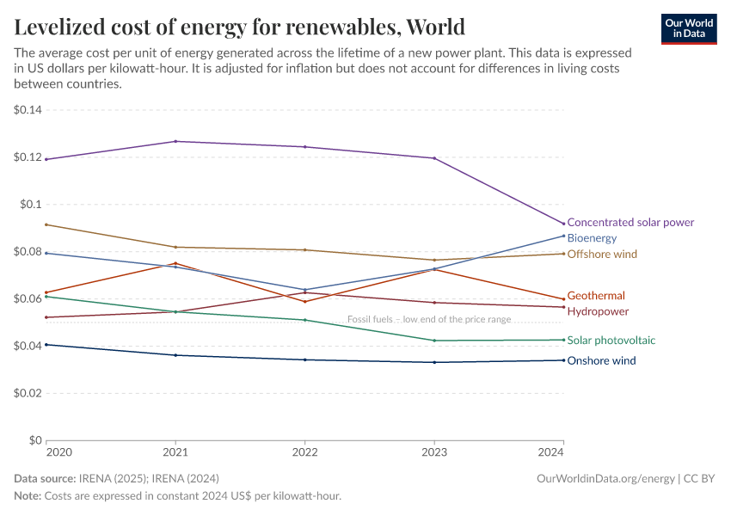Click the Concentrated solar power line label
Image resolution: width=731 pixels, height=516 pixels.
pyautogui.click(x=630, y=223)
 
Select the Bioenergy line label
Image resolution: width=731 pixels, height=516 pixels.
pyautogui.click(x=592, y=238)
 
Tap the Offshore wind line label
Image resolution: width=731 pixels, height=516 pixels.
pyautogui.click(x=602, y=255)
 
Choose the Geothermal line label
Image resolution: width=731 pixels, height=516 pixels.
pyautogui.click(x=596, y=296)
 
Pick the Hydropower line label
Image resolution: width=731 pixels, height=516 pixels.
pyautogui.click(x=598, y=311)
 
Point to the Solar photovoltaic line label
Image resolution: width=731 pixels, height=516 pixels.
pyautogui.click(x=611, y=341)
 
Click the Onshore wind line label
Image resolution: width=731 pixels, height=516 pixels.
pyautogui.click(x=601, y=361)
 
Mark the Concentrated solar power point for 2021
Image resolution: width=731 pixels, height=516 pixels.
pyautogui.click(x=175, y=141)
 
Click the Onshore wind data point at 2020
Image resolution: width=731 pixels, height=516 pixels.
pyautogui.click(x=46, y=345)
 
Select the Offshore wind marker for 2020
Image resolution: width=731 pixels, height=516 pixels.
pyautogui.click(x=46, y=224)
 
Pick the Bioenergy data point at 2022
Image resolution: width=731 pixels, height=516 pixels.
pyautogui.click(x=304, y=290)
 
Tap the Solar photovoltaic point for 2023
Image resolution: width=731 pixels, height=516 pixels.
pyautogui.click(x=434, y=341)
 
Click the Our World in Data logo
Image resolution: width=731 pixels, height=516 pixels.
pyautogui.click(x=688, y=28)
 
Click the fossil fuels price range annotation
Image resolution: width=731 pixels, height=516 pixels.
pyautogui.click(x=429, y=319)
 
